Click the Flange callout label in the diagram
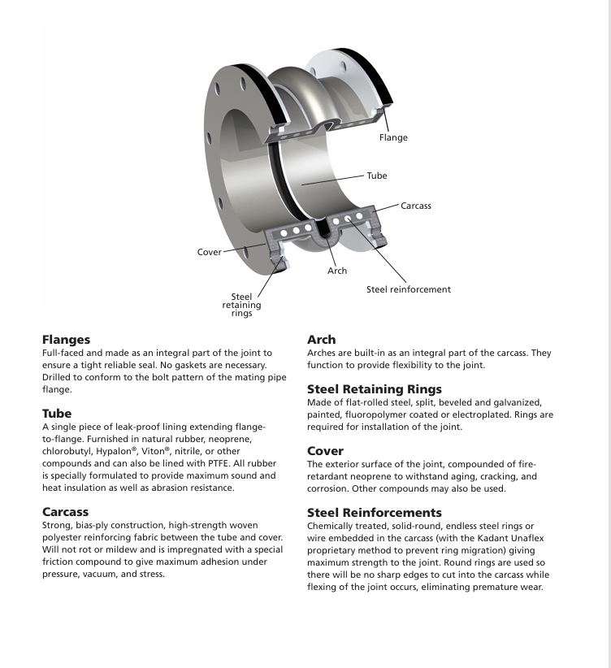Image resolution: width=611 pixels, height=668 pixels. tap(393, 138)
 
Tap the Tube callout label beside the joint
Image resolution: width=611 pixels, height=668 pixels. tap(376, 176)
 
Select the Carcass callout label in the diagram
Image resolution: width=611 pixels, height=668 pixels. tap(416, 206)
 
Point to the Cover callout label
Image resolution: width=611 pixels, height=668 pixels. tap(210, 252)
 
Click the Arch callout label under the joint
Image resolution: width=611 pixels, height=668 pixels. tap(337, 271)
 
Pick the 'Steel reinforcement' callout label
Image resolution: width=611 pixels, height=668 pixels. tap(408, 288)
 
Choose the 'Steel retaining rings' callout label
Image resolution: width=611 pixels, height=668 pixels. tap(241, 305)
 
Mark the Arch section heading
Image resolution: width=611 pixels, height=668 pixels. tap(322, 339)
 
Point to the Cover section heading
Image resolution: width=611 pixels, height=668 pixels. tap(326, 449)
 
